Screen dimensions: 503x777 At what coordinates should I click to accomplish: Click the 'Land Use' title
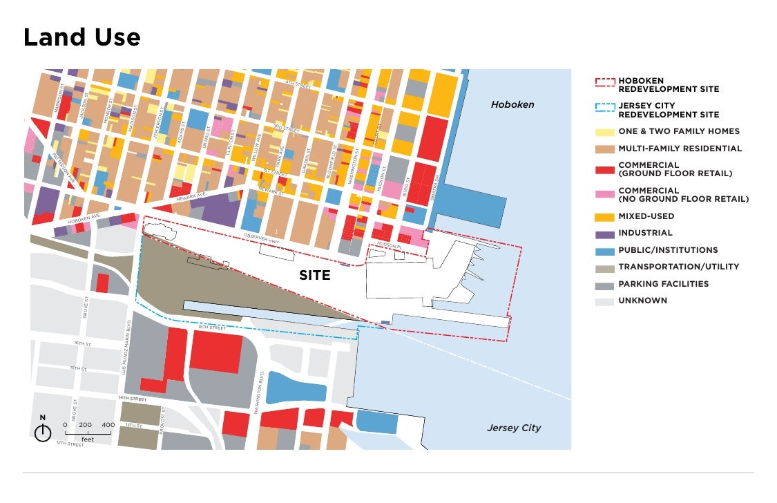click(x=81, y=37)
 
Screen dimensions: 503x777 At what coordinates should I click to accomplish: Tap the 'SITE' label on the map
click(x=314, y=276)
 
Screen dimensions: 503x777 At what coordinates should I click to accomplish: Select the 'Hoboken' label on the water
click(x=512, y=104)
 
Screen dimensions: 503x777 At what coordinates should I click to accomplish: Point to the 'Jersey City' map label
click(x=514, y=428)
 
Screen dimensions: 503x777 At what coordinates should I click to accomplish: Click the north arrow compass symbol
click(x=43, y=433)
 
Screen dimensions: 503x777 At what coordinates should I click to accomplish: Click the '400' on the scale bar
click(x=108, y=425)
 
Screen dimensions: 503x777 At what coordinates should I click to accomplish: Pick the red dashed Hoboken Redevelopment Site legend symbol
click(x=604, y=82)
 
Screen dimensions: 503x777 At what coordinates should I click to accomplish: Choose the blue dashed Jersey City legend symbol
click(x=604, y=107)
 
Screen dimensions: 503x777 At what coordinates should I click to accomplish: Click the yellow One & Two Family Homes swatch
click(x=604, y=131)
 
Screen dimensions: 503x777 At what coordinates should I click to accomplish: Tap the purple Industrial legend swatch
click(x=604, y=234)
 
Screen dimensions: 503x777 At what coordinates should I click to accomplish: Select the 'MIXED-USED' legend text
click(x=646, y=216)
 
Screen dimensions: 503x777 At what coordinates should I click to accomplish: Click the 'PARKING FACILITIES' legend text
click(x=663, y=284)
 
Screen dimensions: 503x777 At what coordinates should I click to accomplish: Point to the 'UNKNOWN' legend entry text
click(x=642, y=301)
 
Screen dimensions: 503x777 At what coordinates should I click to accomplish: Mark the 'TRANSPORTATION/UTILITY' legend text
click(x=678, y=267)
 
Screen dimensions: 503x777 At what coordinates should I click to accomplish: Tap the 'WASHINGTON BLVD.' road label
click(x=262, y=396)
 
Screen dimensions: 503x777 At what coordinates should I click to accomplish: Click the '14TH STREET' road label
click(x=133, y=399)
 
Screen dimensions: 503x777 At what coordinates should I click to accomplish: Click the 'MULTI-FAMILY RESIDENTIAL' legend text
click(x=680, y=149)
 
